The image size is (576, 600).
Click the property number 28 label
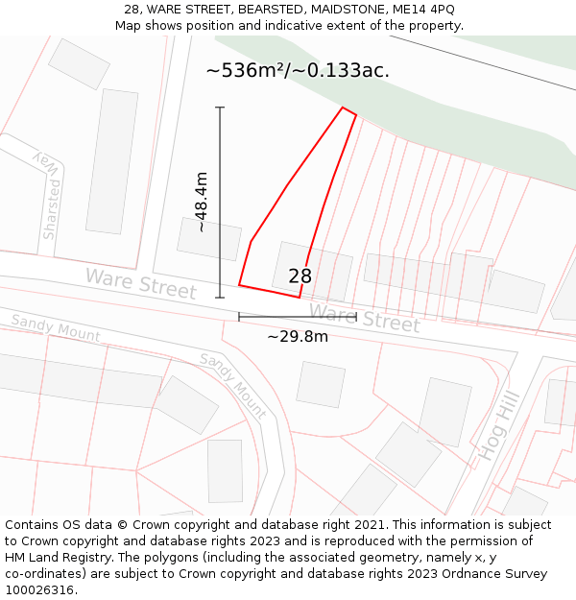(x=300, y=276)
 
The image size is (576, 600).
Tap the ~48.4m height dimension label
(x=201, y=202)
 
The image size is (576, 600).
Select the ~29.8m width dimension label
(x=297, y=336)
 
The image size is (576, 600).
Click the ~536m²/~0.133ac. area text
(x=298, y=70)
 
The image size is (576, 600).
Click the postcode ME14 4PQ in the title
(x=424, y=10)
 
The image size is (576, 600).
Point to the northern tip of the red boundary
(x=344, y=108)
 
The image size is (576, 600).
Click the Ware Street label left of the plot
(x=141, y=283)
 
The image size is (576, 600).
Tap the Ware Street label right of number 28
(x=365, y=317)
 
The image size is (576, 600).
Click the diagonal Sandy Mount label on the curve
(x=233, y=385)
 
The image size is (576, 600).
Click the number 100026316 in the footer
(x=41, y=589)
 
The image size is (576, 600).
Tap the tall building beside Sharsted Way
(x=112, y=161)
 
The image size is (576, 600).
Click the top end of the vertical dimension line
(x=220, y=108)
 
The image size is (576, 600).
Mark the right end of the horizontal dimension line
(x=356, y=316)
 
